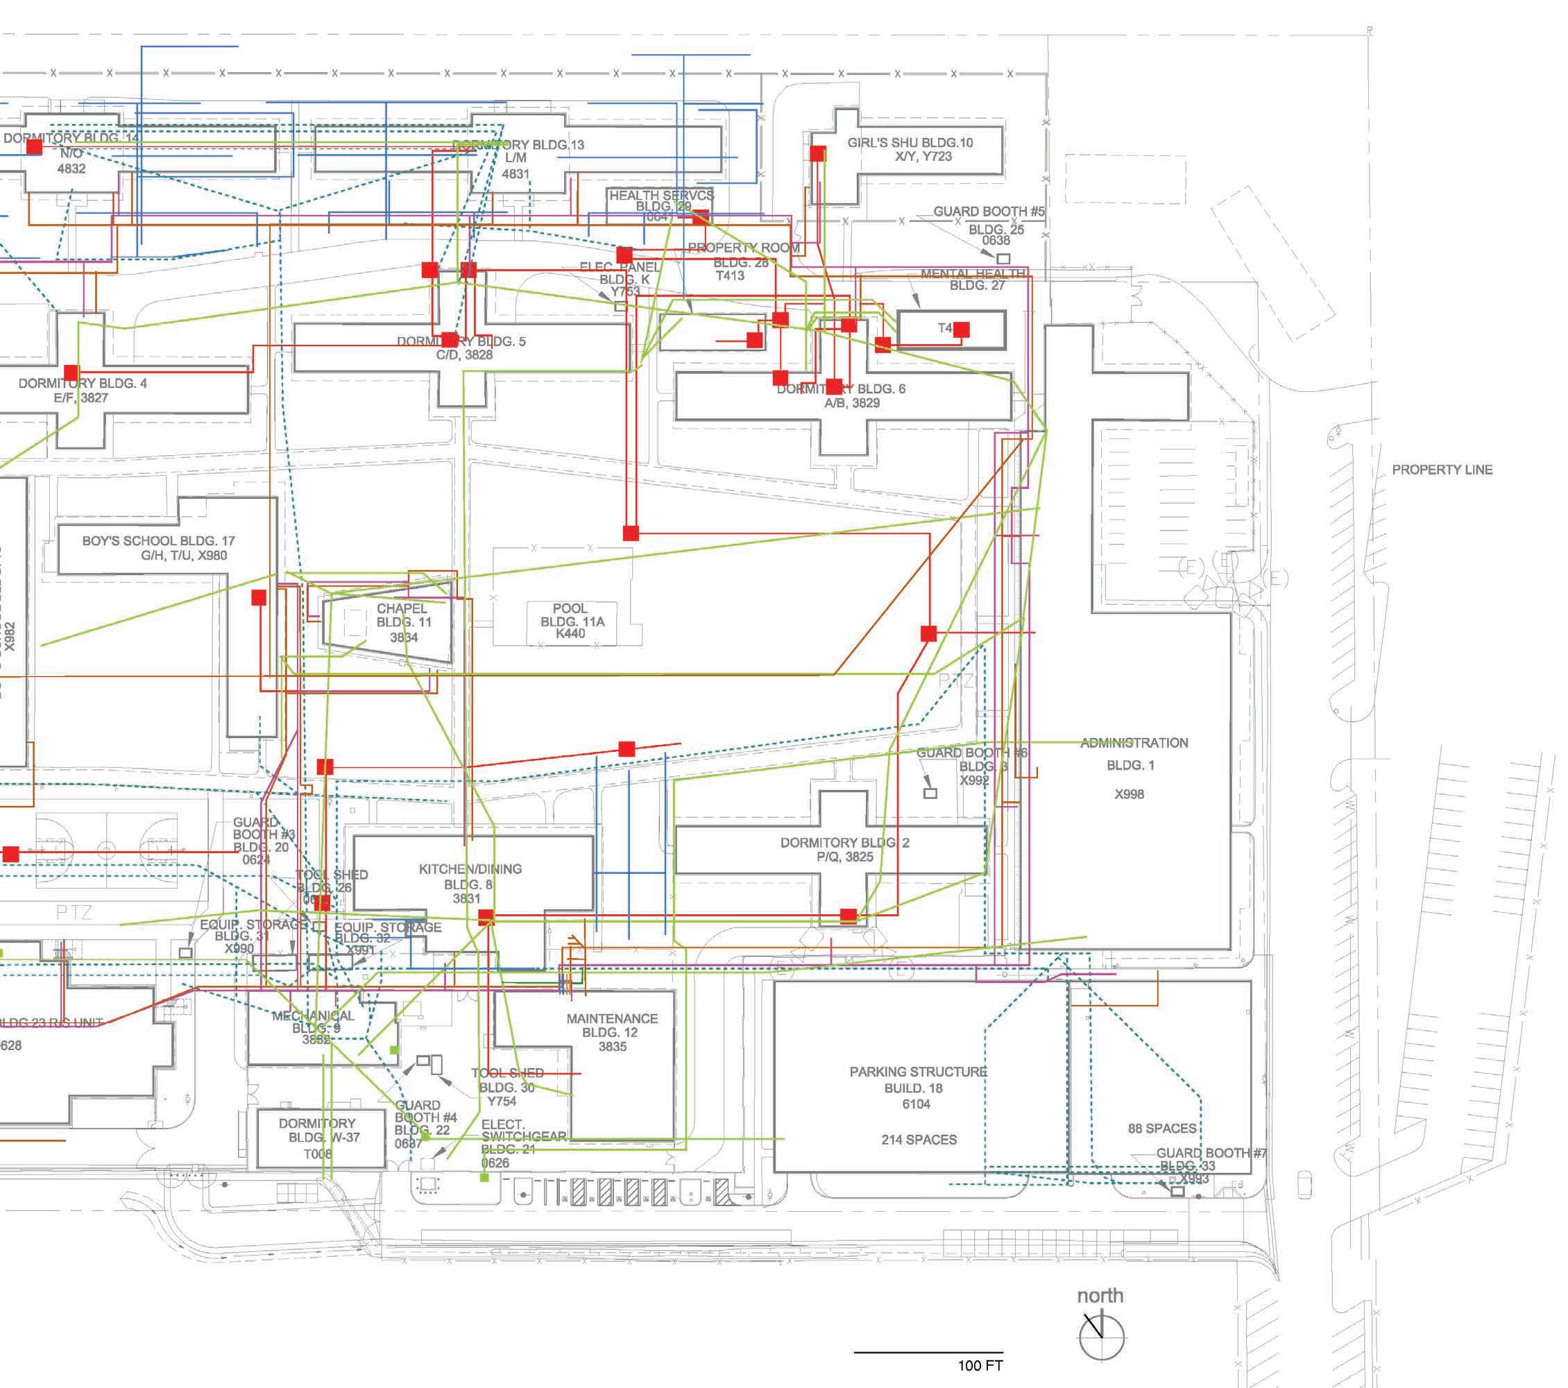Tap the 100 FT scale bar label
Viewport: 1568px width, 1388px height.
(x=980, y=1365)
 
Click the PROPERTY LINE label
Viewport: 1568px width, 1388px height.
(x=1442, y=470)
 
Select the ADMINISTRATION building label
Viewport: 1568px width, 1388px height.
(x=1134, y=743)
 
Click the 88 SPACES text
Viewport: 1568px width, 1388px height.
(x=1161, y=1128)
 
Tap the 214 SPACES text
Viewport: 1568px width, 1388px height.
(x=918, y=1140)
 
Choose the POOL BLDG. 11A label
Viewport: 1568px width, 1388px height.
(x=571, y=620)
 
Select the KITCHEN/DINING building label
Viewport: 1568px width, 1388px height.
(x=470, y=870)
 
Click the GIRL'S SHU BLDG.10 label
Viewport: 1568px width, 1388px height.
(x=910, y=144)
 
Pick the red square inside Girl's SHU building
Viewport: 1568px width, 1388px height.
(x=818, y=153)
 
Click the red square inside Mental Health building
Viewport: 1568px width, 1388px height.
(x=961, y=329)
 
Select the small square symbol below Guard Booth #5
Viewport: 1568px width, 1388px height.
(x=1003, y=259)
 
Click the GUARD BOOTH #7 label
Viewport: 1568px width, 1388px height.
(x=1211, y=1153)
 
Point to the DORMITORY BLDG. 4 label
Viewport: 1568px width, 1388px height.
(x=82, y=384)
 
